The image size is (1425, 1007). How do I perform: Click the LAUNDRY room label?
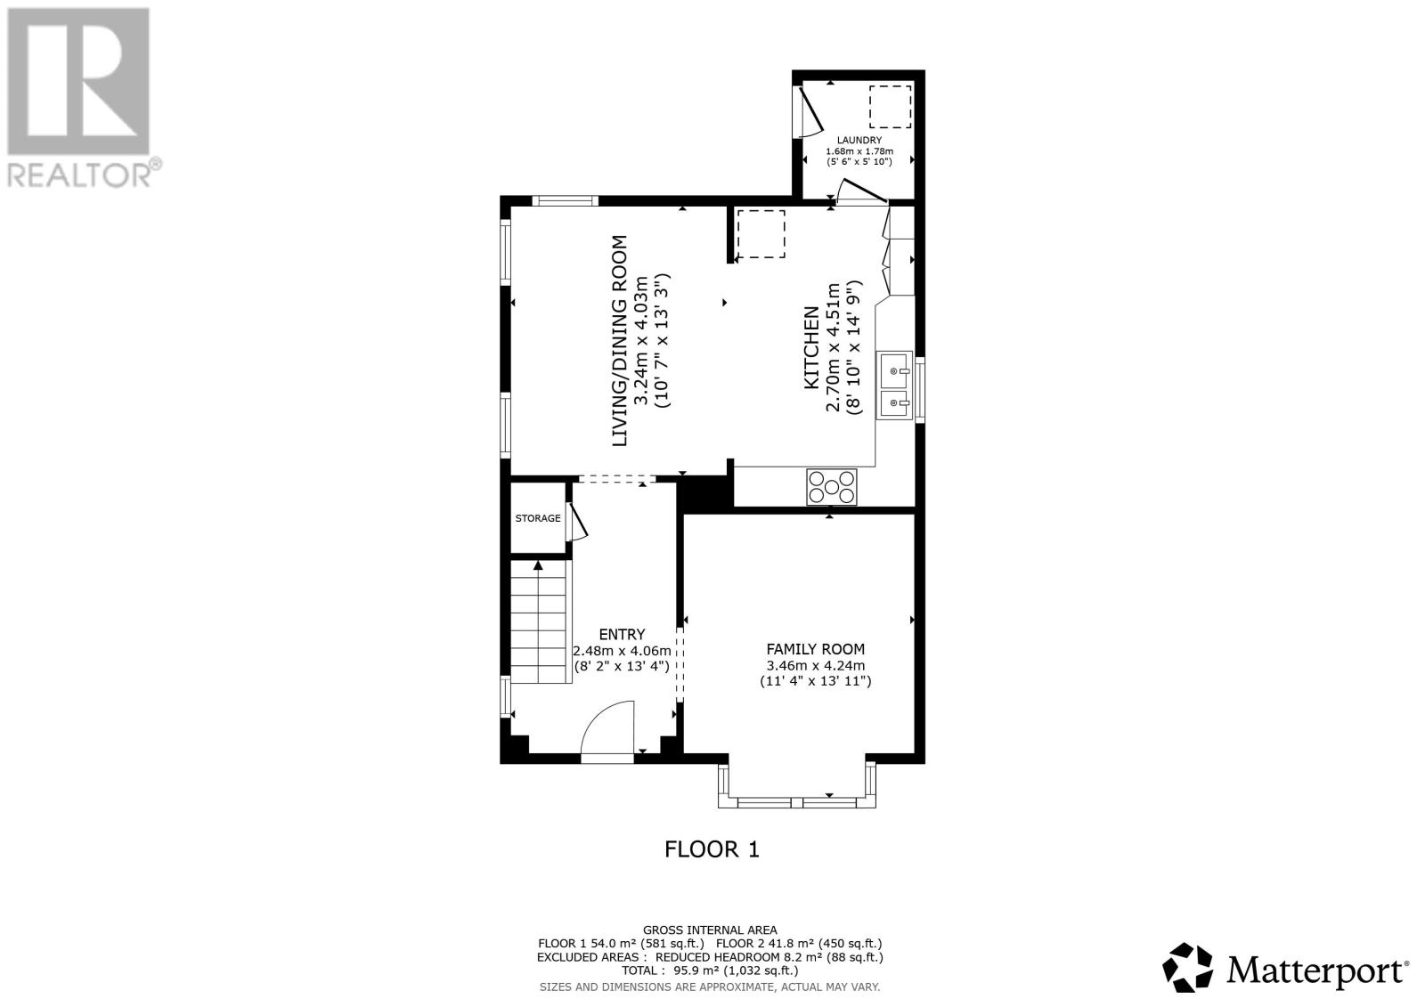(x=859, y=141)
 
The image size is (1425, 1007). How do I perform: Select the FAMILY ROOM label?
(x=815, y=649)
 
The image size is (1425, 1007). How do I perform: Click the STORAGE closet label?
(x=538, y=518)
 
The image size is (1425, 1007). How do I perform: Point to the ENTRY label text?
(x=622, y=634)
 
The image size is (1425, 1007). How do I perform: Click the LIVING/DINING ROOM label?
(x=619, y=340)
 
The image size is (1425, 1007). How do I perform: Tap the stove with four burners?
(x=832, y=487)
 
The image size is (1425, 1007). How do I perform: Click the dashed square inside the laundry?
(x=890, y=107)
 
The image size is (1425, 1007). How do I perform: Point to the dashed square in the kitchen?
(x=761, y=234)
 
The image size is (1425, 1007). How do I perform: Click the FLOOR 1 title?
(x=712, y=849)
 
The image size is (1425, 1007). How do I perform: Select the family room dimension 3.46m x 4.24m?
(x=815, y=665)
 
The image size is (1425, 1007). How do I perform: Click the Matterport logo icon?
(x=1189, y=967)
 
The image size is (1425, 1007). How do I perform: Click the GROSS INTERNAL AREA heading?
(x=710, y=930)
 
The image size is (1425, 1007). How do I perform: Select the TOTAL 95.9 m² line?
(x=710, y=970)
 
